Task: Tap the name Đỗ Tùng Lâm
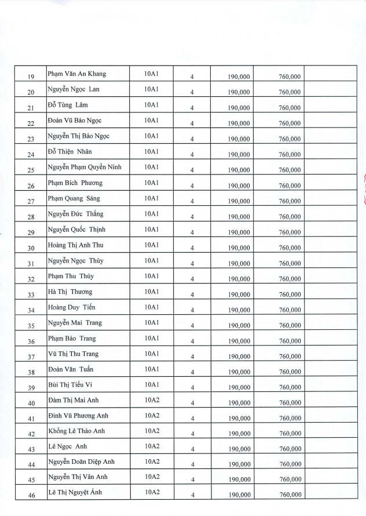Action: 68,105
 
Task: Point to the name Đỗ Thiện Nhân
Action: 70,152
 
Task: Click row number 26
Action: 31,186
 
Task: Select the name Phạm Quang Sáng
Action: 74,198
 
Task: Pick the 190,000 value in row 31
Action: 239,263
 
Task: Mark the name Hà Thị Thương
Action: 70,292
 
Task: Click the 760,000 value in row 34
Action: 290,310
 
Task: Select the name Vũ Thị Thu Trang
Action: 74,354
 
